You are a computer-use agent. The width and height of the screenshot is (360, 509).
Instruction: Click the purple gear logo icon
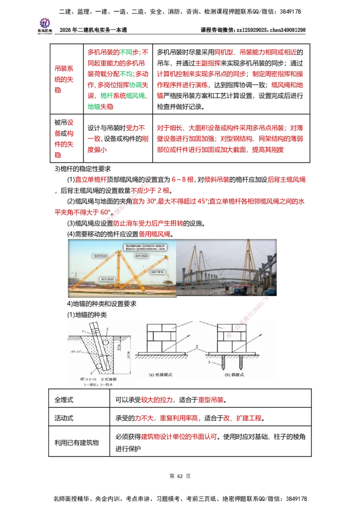(45, 22)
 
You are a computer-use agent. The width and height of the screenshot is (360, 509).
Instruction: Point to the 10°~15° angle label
(82, 351)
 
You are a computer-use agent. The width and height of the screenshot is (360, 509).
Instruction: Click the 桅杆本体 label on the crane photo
(151, 272)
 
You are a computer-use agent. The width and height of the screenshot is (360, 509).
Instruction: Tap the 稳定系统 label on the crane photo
(99, 255)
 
